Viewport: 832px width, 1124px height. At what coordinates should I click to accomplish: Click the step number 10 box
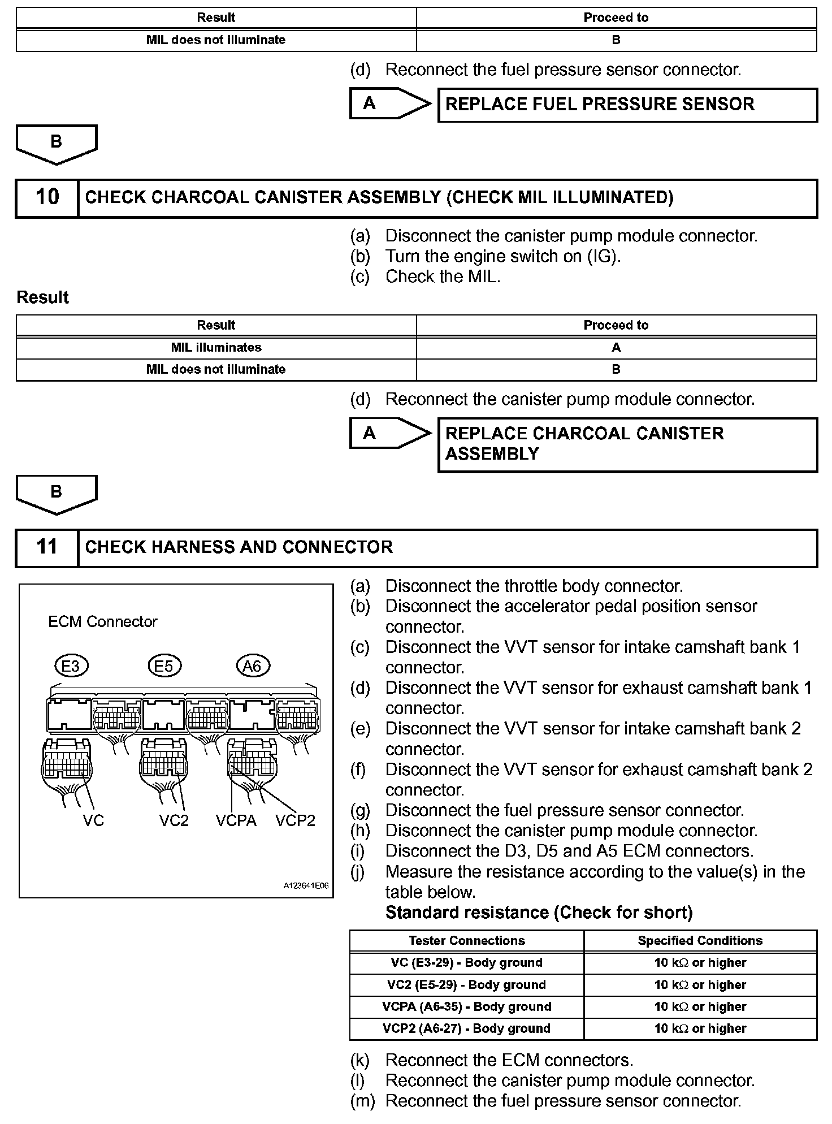[47, 197]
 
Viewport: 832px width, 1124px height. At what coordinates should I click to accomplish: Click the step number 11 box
[47, 547]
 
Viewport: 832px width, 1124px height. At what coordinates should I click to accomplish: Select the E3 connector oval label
[71, 666]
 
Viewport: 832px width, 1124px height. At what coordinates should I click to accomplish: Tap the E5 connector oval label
[164, 666]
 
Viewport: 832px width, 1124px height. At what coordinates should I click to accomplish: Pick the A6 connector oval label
[252, 666]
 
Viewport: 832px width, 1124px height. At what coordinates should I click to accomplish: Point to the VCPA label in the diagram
[236, 820]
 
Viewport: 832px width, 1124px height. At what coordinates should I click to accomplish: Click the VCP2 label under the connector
[295, 820]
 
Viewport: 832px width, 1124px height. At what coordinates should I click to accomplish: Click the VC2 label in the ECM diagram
[174, 820]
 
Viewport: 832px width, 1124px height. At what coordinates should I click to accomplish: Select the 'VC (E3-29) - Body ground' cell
[466, 963]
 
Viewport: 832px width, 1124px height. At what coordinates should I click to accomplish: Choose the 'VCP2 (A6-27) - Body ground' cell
[466, 1028]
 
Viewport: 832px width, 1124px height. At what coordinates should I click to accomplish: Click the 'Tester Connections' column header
[466, 940]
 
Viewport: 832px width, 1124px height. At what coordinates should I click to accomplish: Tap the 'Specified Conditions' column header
[700, 940]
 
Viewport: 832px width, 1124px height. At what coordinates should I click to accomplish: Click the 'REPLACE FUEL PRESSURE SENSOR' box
[627, 105]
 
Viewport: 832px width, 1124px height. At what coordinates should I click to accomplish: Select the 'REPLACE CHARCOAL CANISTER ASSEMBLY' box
[627, 444]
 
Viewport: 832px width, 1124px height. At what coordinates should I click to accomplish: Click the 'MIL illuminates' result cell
[216, 348]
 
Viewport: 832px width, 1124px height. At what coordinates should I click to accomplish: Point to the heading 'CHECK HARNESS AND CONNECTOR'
[239, 547]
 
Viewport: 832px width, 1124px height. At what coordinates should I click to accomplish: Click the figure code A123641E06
[306, 886]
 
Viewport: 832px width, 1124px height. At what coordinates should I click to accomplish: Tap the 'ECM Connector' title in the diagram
[102, 622]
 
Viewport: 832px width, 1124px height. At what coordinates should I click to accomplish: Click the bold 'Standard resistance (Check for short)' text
[539, 913]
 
